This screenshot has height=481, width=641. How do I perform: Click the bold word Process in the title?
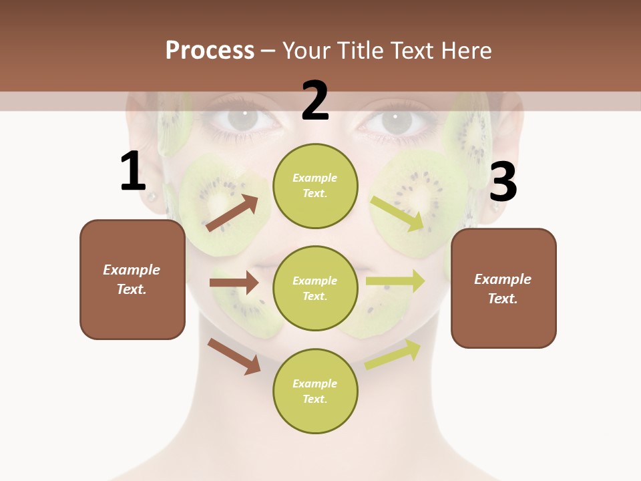[x=210, y=50]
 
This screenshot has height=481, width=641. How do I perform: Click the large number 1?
[x=133, y=172]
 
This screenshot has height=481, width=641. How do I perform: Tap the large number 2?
[x=315, y=101]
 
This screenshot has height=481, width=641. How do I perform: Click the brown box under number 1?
[x=132, y=279]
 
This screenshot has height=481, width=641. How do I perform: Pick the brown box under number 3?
[x=503, y=288]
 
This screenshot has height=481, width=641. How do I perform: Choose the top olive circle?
[x=315, y=186]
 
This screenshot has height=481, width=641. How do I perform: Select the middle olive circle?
[x=315, y=288]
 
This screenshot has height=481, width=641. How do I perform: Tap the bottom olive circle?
[x=315, y=391]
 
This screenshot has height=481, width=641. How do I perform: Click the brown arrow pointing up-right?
[x=232, y=213]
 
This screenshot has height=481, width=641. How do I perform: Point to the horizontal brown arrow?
[x=234, y=283]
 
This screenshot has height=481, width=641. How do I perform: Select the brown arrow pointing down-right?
[x=234, y=356]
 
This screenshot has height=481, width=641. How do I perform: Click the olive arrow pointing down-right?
[x=397, y=214]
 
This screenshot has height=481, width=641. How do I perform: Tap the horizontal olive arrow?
[x=395, y=281]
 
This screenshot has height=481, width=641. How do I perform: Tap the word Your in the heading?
[x=307, y=50]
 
